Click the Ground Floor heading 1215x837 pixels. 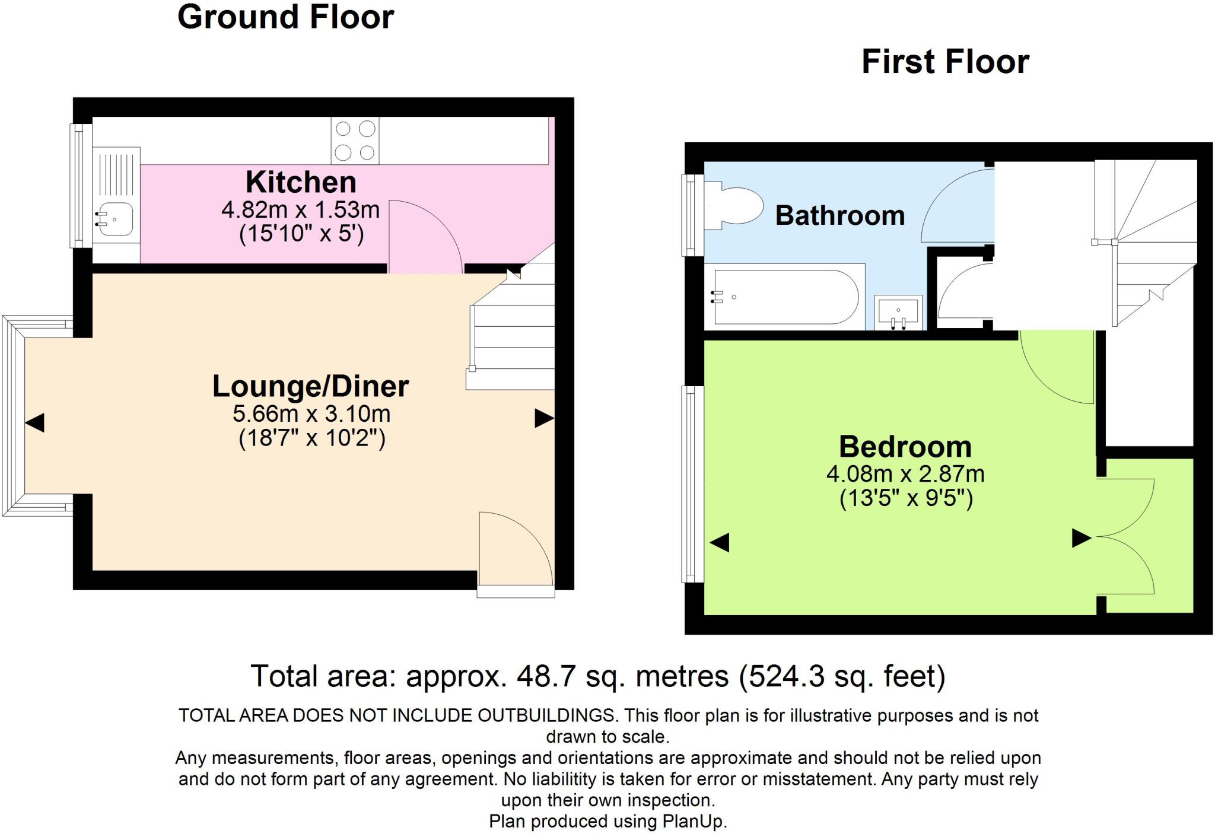pyautogui.click(x=285, y=17)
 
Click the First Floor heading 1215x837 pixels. pyautogui.click(x=944, y=62)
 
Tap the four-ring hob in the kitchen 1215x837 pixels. pyautogui.click(x=355, y=141)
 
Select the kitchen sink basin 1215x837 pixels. pyautogui.click(x=113, y=219)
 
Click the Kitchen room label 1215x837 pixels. pyautogui.click(x=301, y=182)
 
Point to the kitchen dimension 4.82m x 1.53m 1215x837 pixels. pyautogui.click(x=300, y=209)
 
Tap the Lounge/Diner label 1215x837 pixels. pyautogui.click(x=310, y=386)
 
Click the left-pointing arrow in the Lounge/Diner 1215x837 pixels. pyautogui.click(x=34, y=423)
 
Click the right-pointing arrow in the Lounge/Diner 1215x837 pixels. pyautogui.click(x=543, y=418)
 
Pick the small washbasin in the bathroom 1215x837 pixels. pyautogui.click(x=898, y=312)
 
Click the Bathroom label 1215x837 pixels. pyautogui.click(x=839, y=215)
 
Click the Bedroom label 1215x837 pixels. pyautogui.click(x=905, y=447)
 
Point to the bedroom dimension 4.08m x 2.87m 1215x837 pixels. pyautogui.click(x=905, y=474)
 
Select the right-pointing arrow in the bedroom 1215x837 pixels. pyautogui.click(x=1080, y=539)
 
